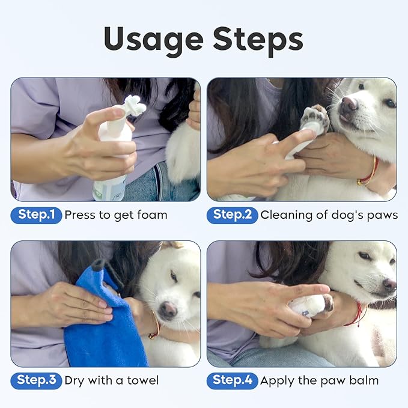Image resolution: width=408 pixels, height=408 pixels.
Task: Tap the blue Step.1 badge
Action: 36,215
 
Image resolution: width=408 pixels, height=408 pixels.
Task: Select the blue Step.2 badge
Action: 232,215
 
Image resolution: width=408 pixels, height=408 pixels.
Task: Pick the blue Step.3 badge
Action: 36,380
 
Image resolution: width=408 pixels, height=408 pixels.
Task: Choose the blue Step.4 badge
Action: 232,380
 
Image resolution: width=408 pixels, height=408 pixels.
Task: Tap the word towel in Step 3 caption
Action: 144,380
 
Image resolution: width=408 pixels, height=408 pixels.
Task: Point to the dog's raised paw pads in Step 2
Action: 315,118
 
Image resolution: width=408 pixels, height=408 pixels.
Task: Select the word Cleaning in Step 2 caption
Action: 284,215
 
